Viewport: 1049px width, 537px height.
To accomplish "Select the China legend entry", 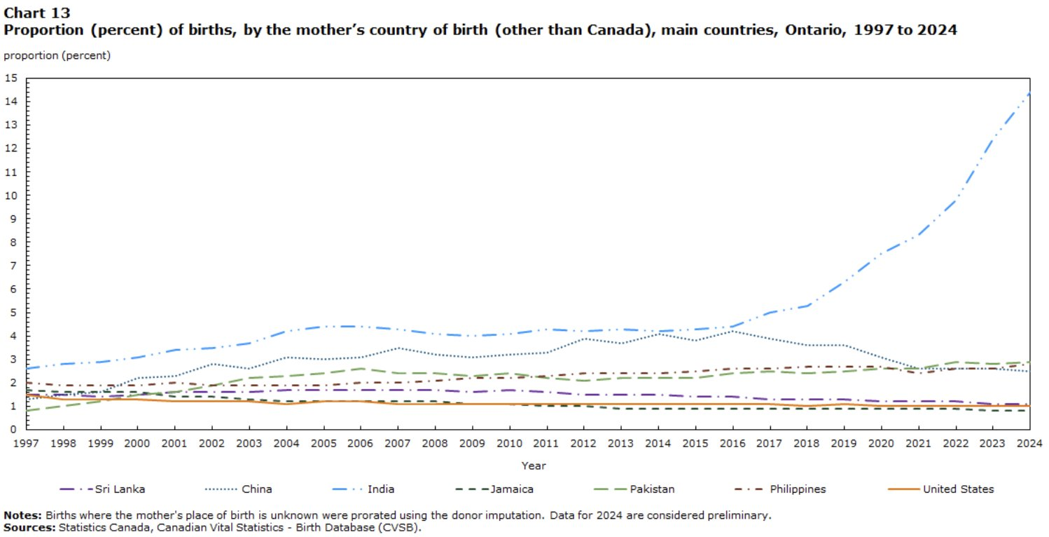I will click(257, 489).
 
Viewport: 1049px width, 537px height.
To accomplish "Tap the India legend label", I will click(382, 489).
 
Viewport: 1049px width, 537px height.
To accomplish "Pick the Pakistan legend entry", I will click(652, 489).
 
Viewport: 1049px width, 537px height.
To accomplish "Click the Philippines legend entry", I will click(798, 489).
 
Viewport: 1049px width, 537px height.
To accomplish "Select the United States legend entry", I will click(958, 489).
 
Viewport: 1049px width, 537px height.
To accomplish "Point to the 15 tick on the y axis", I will click(10, 78).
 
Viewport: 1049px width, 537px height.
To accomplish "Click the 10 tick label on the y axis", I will click(10, 195).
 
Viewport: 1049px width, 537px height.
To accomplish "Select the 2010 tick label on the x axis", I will click(509, 444).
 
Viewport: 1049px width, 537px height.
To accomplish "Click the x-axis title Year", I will click(533, 465).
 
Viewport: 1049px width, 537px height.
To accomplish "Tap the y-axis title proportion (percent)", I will click(57, 55).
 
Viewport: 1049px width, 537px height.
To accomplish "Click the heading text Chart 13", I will click(37, 13).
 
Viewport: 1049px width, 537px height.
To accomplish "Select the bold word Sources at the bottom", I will click(28, 526).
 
